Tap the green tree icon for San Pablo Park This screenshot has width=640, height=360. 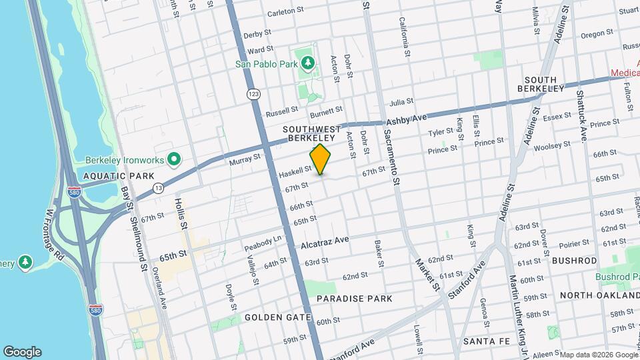[x=307, y=63]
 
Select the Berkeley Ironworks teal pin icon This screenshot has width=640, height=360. [x=174, y=159]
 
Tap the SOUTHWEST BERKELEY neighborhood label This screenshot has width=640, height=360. [x=312, y=133]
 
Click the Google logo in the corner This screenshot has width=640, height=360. [x=22, y=352]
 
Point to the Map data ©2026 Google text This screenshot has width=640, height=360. [x=598, y=355]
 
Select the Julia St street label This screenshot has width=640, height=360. [x=401, y=102]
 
